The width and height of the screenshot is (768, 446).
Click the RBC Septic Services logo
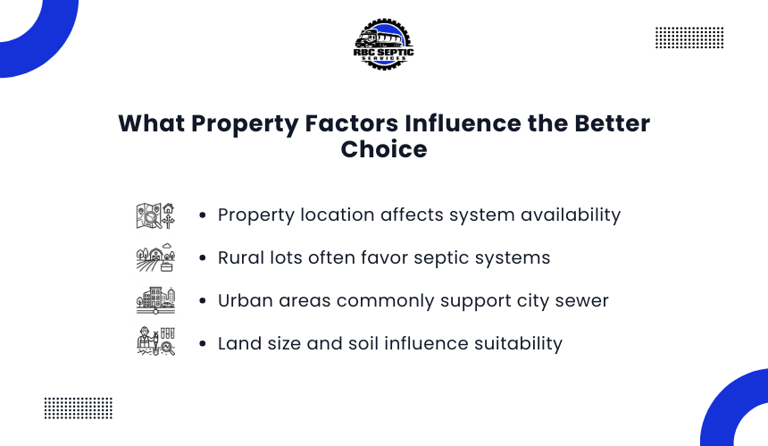pos(383,44)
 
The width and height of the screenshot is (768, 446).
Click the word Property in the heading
pos(245,124)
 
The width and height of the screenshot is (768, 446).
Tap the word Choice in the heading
pos(384,149)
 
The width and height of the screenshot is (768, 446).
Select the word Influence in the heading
pos(463,123)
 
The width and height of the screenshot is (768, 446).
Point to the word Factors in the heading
pos(352,123)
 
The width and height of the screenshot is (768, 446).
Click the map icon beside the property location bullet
pos(155,215)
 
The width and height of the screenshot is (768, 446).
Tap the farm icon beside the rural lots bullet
pos(155,257)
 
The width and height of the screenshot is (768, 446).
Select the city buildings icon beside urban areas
pos(155,300)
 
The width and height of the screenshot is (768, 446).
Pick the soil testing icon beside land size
pos(155,341)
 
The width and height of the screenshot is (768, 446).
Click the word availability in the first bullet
pos(571,215)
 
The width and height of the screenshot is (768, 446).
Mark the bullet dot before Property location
pos(203,215)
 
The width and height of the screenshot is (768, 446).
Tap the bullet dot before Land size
pos(203,343)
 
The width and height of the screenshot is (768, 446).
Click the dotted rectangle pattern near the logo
pos(689,38)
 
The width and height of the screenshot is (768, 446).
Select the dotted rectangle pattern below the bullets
pos(79,408)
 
